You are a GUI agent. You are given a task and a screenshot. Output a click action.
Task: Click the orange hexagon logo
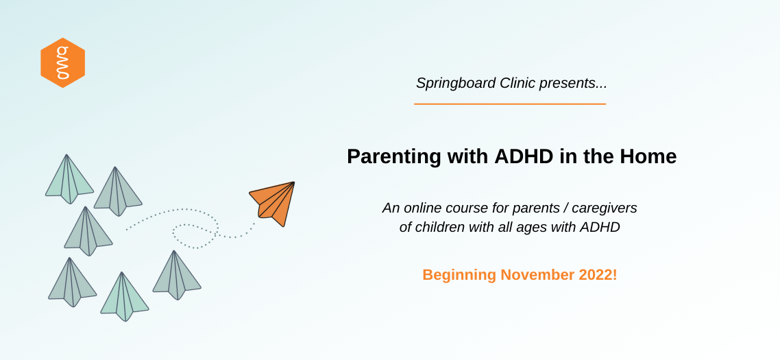pos(62,62)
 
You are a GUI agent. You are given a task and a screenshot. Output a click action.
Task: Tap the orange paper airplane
pos(273,203)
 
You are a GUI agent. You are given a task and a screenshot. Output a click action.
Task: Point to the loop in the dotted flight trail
pos(195,235)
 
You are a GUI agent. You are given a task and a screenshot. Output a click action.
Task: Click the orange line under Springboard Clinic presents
pos(510,104)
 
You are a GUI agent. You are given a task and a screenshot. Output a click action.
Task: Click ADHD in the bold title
pos(524,156)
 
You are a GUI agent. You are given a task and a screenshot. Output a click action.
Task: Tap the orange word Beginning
pos(459,276)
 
